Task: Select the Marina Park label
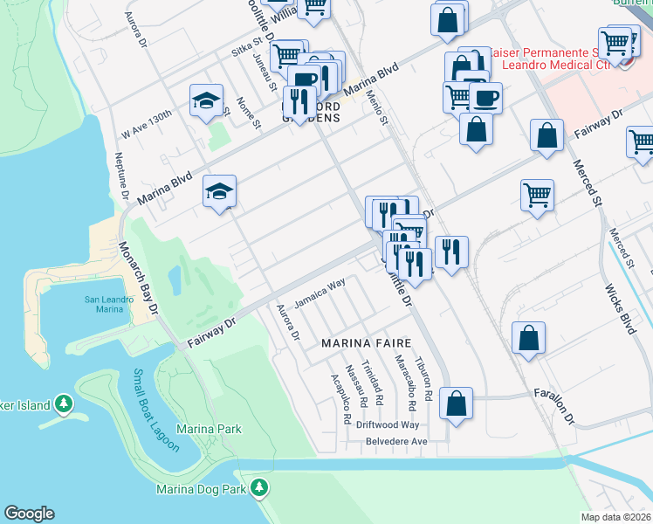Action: (x=209, y=429)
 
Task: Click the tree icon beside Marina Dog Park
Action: (x=258, y=488)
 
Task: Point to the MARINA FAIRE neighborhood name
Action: (x=364, y=343)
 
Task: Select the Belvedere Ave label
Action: (x=395, y=442)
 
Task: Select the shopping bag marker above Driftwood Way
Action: (x=456, y=403)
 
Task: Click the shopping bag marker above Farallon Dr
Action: (x=528, y=339)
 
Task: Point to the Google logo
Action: (x=29, y=514)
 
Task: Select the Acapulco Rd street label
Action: (x=340, y=399)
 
